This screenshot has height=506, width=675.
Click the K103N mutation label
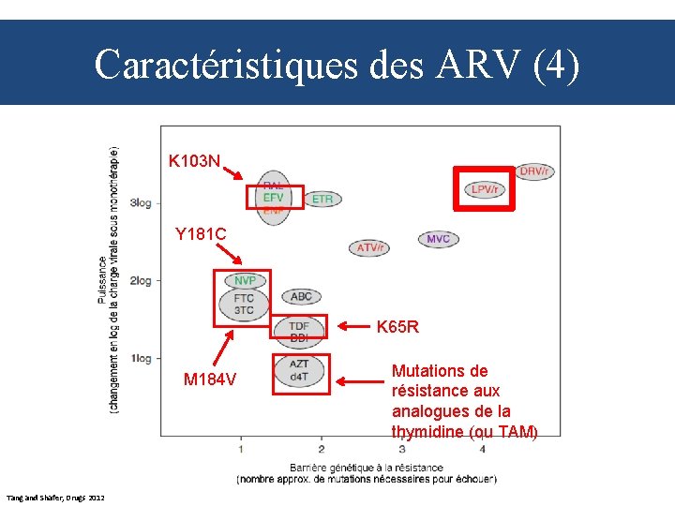(x=194, y=161)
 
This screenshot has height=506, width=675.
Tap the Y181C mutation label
(x=201, y=234)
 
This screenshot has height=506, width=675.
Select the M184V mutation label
(x=210, y=379)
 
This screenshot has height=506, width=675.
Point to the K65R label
(x=397, y=327)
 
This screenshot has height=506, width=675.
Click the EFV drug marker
(x=273, y=198)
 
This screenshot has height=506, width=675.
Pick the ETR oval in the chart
(x=322, y=199)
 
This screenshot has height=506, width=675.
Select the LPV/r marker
(x=485, y=189)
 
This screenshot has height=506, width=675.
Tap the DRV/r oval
(x=534, y=171)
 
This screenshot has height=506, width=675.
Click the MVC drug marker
(x=438, y=239)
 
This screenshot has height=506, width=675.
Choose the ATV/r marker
(x=370, y=247)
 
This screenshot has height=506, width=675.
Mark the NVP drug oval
(x=245, y=280)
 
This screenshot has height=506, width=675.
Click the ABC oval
(x=301, y=296)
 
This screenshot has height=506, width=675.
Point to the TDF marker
(x=299, y=325)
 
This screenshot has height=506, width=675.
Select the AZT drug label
(x=299, y=364)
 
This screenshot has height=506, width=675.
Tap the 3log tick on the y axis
(x=141, y=202)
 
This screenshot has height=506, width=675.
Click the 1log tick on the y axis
(x=141, y=358)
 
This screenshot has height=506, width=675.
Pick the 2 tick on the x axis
(x=321, y=447)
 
